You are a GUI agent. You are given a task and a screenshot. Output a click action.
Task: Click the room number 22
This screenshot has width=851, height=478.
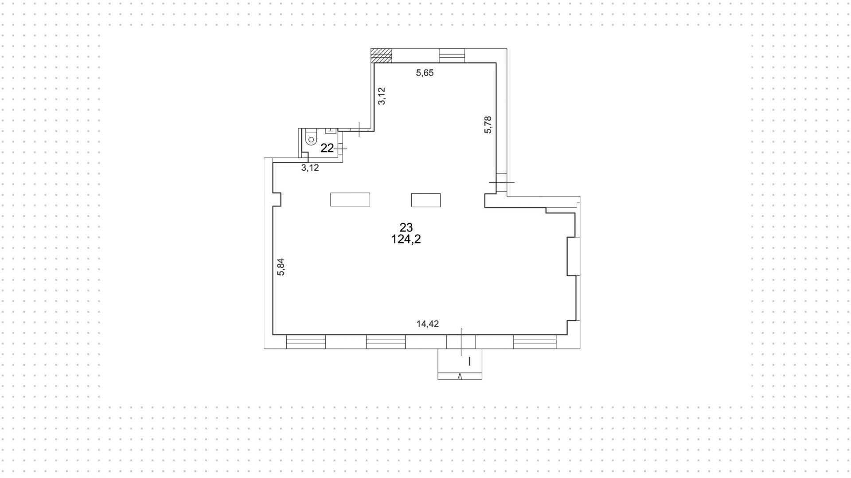point(327,148)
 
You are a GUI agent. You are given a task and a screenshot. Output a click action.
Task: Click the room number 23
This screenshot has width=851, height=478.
point(406,227)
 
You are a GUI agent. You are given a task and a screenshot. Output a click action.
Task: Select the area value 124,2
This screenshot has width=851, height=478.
point(406,239)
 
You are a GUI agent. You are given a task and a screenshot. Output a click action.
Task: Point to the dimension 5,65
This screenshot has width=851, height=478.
point(425,73)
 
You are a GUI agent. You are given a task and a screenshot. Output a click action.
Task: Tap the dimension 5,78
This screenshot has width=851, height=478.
point(488,125)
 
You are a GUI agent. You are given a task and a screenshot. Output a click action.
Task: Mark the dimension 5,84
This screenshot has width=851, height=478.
point(281,267)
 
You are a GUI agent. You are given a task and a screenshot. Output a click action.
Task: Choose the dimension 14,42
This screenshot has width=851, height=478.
point(428,324)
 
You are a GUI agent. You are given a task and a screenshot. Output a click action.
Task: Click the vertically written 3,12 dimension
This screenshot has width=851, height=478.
point(382,96)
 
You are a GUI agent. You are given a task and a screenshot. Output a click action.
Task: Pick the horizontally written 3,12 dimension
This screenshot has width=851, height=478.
point(310,168)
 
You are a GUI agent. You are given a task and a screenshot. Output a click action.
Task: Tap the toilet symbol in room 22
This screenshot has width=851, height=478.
point(311,137)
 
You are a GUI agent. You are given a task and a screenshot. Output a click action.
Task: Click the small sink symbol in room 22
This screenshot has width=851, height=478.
point(331,131)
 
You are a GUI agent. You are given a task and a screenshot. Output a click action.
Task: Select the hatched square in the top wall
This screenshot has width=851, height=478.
point(382,55)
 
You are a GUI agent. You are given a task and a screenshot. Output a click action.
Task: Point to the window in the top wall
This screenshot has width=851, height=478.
point(452,55)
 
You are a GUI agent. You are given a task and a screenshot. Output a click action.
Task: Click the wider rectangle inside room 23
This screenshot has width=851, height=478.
point(350,200)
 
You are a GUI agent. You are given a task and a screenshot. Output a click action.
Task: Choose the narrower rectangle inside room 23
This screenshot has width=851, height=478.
point(426,200)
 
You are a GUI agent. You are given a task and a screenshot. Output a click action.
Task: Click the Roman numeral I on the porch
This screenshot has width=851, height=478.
point(469,362)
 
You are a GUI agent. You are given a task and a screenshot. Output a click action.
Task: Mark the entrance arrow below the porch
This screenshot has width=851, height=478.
point(460,376)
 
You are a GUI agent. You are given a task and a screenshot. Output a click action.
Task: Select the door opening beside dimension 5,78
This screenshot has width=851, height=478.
point(501,182)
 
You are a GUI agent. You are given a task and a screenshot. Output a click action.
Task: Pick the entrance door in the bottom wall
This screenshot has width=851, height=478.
point(461,341)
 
